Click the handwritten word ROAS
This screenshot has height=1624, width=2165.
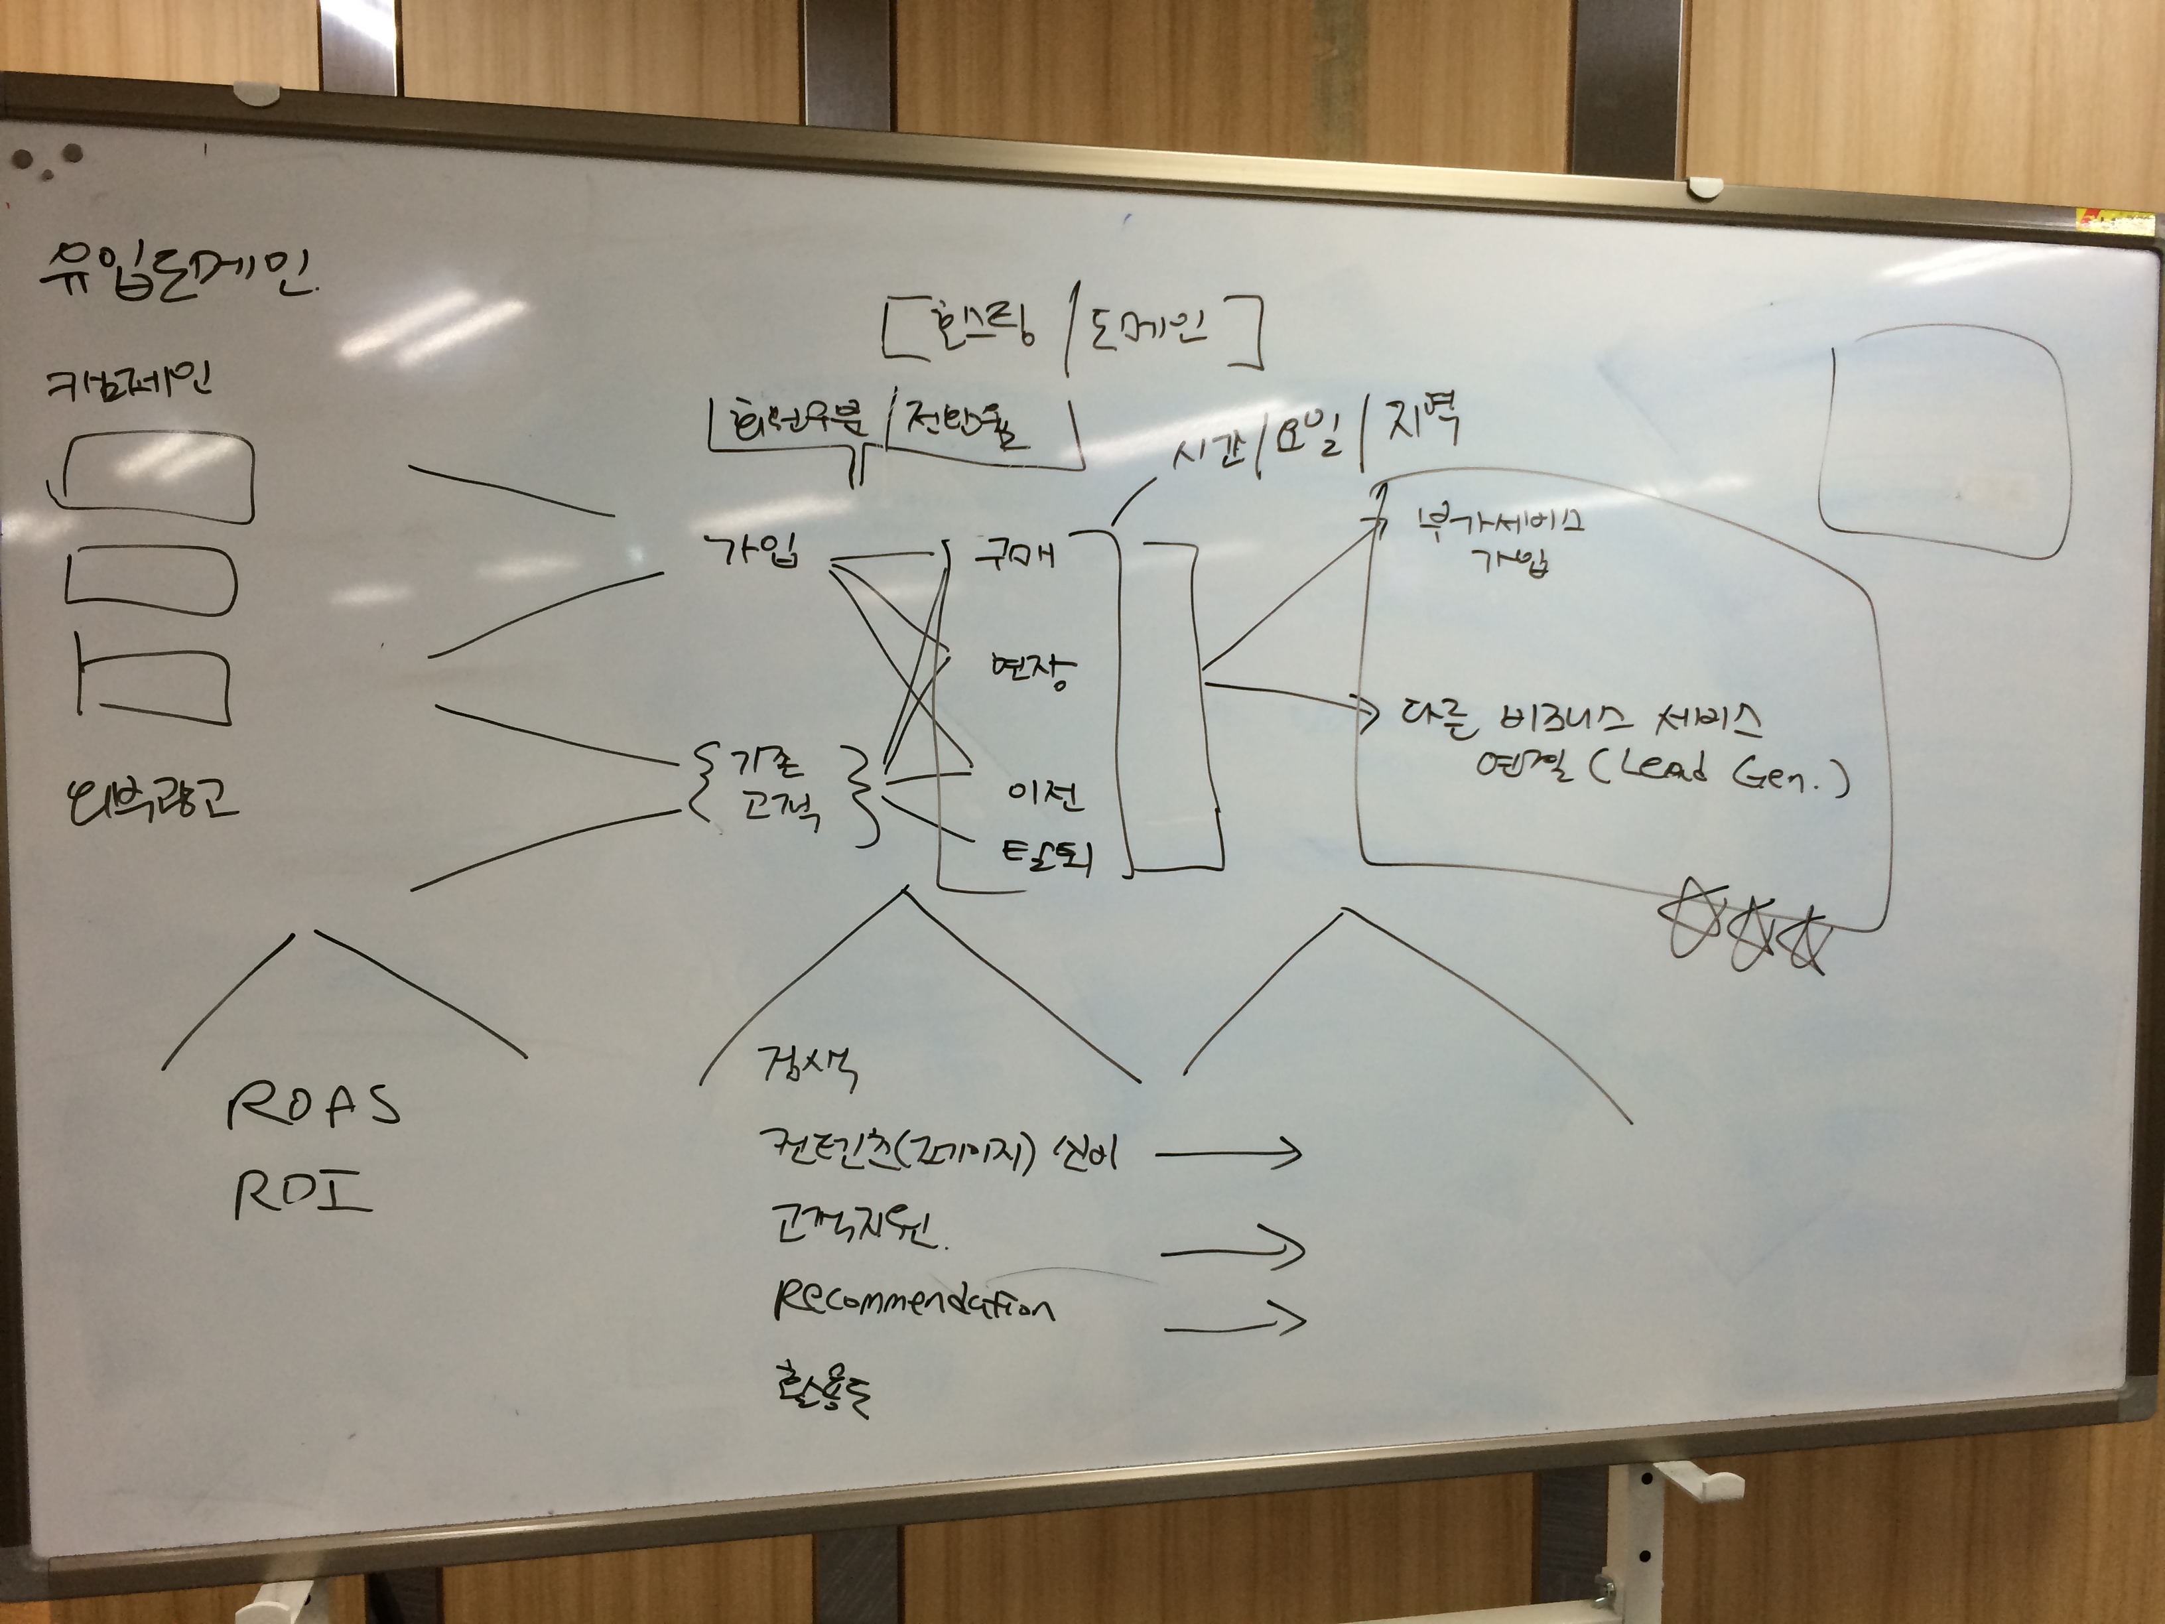[313, 1106]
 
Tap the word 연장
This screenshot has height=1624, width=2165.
[1031, 671]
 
